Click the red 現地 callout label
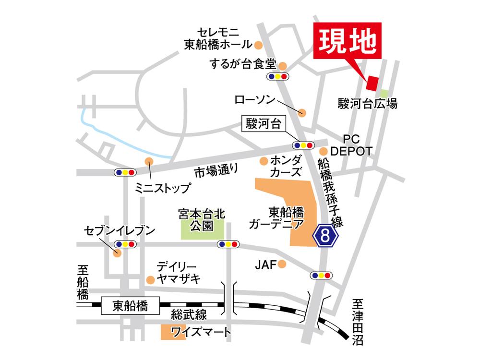[347, 41]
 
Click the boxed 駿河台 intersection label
[263, 124]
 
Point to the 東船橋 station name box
[130, 305]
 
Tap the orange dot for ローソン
[301, 113]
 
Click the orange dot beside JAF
[282, 264]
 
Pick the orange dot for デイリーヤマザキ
[150, 279]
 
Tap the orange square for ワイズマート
[167, 332]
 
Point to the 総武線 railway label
[189, 315]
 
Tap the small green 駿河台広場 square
[384, 93]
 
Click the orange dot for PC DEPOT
[324, 151]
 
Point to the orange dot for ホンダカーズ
[263, 160]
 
